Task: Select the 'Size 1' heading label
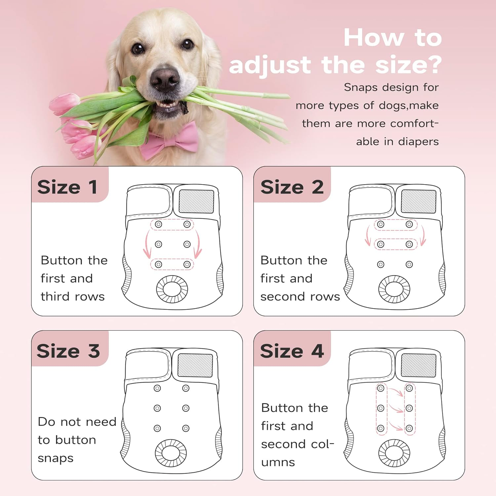pyautogui.click(x=67, y=187)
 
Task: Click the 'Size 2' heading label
pyautogui.click(x=292, y=187)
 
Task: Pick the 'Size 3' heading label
pyautogui.click(x=68, y=351)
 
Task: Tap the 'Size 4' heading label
pyautogui.click(x=292, y=351)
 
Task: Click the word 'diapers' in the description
pyautogui.click(x=418, y=142)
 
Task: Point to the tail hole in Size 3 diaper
pyautogui.click(x=171, y=453)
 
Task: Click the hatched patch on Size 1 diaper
pyautogui.click(x=196, y=201)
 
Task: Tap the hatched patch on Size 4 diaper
pyautogui.click(x=419, y=365)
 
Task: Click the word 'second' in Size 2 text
pyautogui.click(x=278, y=297)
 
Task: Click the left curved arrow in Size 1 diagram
pyautogui.click(x=146, y=245)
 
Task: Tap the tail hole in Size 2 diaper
pyautogui.click(x=394, y=289)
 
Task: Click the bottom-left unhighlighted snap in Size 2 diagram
pyautogui.click(x=381, y=265)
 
